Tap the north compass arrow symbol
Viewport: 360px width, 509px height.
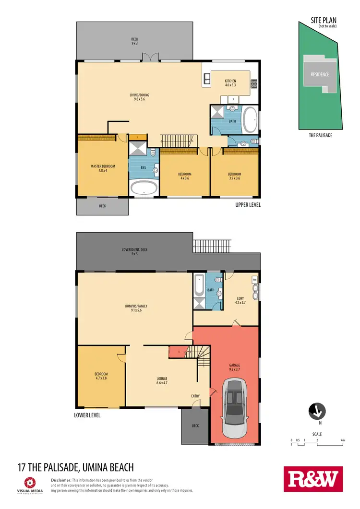(316, 411)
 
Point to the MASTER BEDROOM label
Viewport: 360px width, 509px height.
(102, 168)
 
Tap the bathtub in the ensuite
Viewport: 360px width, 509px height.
(144, 188)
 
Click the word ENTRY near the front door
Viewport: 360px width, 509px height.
(195, 396)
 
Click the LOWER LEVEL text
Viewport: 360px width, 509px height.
(87, 415)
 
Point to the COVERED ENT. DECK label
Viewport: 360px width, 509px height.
(134, 251)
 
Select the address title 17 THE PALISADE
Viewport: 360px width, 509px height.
(75, 467)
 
